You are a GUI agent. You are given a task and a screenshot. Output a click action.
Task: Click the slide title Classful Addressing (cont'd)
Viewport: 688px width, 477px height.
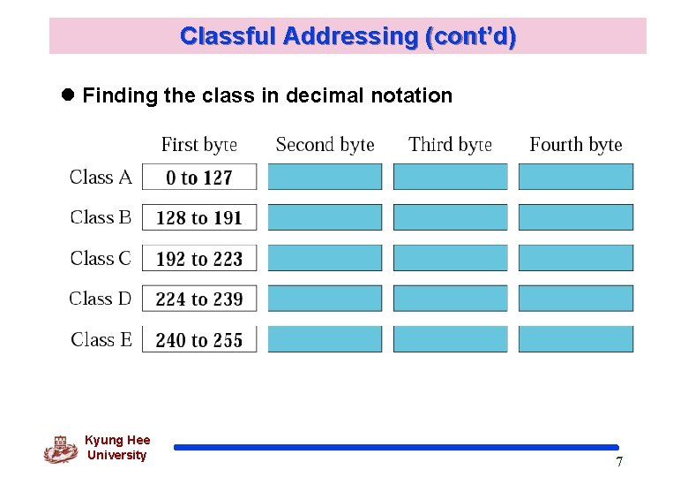pos(348,36)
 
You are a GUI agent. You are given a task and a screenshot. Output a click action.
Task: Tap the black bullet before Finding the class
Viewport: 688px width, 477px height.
pos(70,95)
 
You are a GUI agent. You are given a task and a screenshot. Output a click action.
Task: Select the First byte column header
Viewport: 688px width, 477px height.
pos(199,144)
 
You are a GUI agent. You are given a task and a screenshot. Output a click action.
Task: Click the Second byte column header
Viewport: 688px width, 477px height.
pos(325,144)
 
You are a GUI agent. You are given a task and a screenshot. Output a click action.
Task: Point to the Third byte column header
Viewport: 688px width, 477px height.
pos(450,144)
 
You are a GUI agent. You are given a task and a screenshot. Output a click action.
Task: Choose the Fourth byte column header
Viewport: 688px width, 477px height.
pos(576,144)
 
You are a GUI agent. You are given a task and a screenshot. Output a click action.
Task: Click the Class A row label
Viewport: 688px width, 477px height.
pos(101,177)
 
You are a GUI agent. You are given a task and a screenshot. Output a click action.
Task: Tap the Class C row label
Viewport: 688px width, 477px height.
pos(101,258)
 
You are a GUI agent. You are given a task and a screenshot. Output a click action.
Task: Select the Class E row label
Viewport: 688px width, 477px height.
pos(101,339)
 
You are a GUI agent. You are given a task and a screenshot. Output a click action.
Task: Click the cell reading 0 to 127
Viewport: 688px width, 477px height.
pos(199,178)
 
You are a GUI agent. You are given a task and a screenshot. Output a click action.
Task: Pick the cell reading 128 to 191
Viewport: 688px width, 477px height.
pos(199,218)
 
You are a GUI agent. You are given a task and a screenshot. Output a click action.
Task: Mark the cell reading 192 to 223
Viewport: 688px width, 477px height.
pos(199,259)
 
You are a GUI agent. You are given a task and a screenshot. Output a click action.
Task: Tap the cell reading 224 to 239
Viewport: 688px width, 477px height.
pos(199,299)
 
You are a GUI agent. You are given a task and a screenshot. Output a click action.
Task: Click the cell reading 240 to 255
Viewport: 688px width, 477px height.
pos(199,339)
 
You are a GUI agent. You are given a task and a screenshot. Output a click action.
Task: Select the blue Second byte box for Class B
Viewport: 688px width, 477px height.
pos(325,217)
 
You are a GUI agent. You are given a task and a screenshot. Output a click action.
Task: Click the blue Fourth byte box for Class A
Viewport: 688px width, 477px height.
pos(576,177)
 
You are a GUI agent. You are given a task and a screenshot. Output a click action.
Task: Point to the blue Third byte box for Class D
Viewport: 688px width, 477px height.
pos(450,299)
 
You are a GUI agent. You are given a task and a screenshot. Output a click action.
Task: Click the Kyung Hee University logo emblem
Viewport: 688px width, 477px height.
pos(60,450)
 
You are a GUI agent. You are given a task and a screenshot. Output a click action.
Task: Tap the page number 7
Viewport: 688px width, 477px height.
pos(619,462)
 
